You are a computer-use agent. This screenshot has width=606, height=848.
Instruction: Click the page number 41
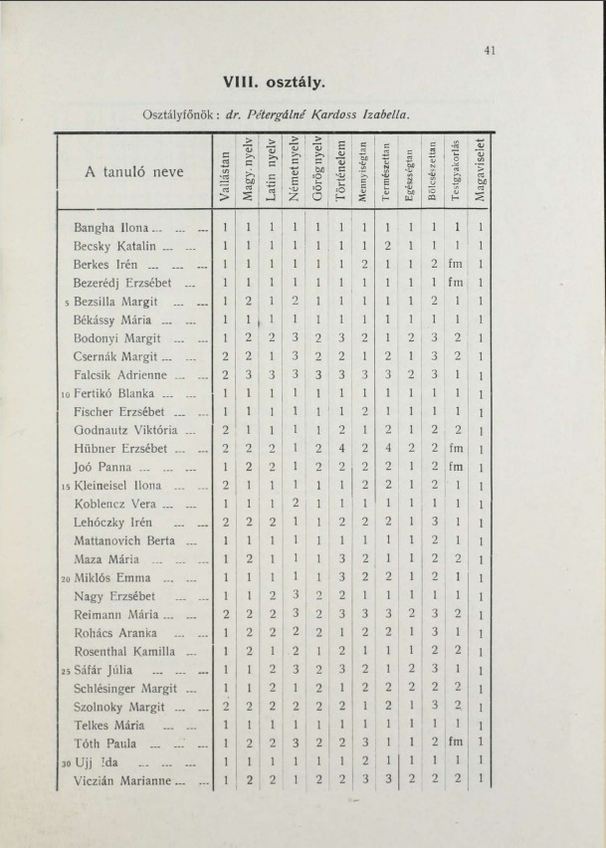[x=491, y=52]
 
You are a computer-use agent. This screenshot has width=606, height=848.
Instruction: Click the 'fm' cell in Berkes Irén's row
[x=456, y=264]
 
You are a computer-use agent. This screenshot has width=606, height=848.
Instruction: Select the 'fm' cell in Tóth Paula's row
[x=456, y=742]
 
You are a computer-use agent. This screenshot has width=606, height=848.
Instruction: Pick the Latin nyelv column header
[x=272, y=173]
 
